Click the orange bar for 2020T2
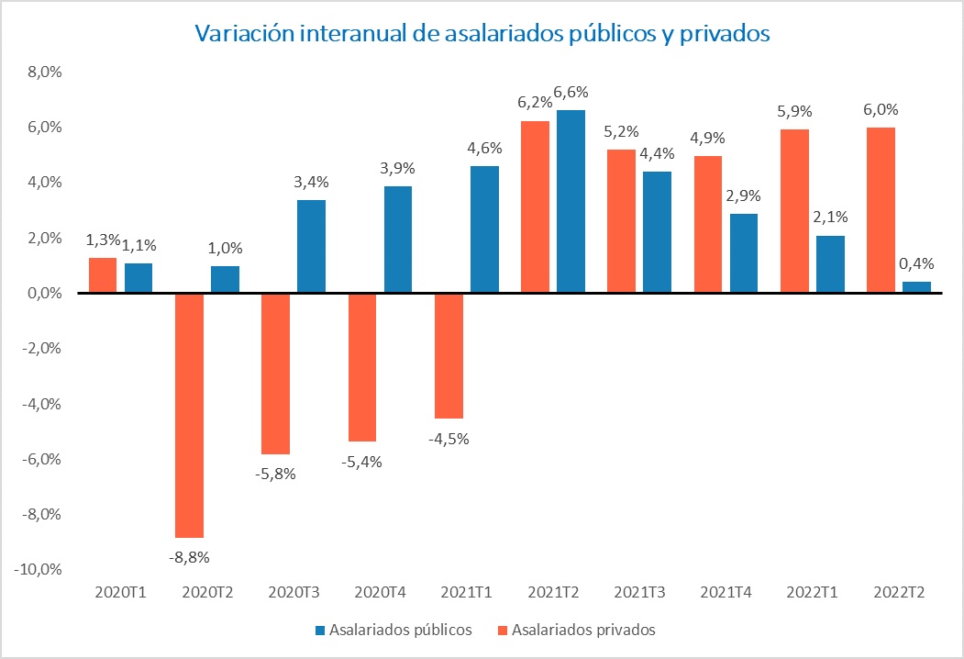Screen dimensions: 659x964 [x=189, y=415]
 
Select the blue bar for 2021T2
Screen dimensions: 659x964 [x=571, y=202]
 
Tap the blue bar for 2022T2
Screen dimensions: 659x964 [x=917, y=287]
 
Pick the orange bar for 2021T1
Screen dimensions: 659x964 [x=449, y=356]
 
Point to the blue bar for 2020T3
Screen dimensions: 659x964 [x=311, y=247]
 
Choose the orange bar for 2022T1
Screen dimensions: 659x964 [x=794, y=211]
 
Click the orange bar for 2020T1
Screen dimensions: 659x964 [x=103, y=275]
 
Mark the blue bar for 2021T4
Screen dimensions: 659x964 [x=744, y=253]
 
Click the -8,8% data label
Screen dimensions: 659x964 [x=189, y=556]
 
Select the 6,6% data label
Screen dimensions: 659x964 [x=571, y=92]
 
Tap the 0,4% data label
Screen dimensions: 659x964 [x=917, y=263]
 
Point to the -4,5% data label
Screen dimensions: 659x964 [x=449, y=438]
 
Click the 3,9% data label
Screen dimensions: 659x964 [x=398, y=168]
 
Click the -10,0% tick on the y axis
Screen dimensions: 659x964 [x=38, y=569]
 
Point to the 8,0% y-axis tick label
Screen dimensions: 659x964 [x=42, y=72]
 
